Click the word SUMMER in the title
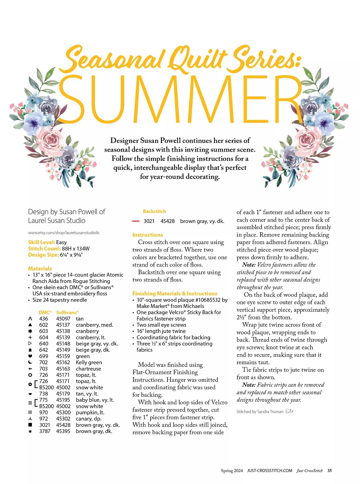pyautogui.click(x=180, y=99)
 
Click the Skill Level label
pyautogui.click(x=42, y=242)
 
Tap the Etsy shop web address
pyautogui.click(x=64, y=233)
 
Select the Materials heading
pyautogui.click(x=40, y=269)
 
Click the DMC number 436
pyautogui.click(x=44, y=319)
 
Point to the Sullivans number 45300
pyautogui.click(x=63, y=412)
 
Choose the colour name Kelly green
pyautogui.click(x=89, y=362)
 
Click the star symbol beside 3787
pyautogui.click(x=30, y=431)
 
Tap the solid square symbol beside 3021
pyautogui.click(x=30, y=425)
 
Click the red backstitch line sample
pyautogui.click(x=136, y=221)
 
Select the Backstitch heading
pyautogui.click(x=154, y=211)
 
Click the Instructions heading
pyautogui.click(x=148, y=235)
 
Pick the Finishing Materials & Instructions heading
pyautogui.click(x=175, y=293)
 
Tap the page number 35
pyautogui.click(x=329, y=470)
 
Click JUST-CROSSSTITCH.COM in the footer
pyautogui.click(x=269, y=470)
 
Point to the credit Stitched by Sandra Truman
pyautogui.click(x=260, y=411)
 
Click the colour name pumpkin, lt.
pyautogui.click(x=90, y=412)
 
